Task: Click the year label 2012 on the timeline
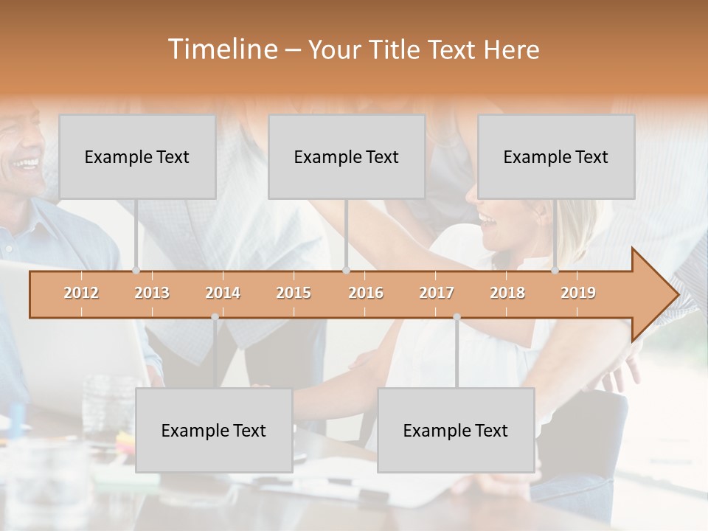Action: click(81, 293)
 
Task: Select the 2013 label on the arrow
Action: click(152, 293)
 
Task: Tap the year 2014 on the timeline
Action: click(223, 293)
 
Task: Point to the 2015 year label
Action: click(294, 293)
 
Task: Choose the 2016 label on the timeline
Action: click(366, 293)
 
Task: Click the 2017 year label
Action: click(437, 293)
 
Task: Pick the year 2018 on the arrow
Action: click(507, 293)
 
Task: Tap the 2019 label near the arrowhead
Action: click(578, 293)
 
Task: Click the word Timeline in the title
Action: click(221, 49)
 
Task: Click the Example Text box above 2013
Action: click(137, 156)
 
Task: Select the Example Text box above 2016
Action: click(347, 156)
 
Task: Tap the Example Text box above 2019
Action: click(556, 156)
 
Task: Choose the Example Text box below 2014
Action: click(214, 430)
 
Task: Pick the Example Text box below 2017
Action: click(456, 430)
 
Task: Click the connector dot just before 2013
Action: click(136, 271)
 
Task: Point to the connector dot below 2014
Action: click(215, 317)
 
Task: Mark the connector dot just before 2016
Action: click(346, 271)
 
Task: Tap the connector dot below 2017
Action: click(457, 317)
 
